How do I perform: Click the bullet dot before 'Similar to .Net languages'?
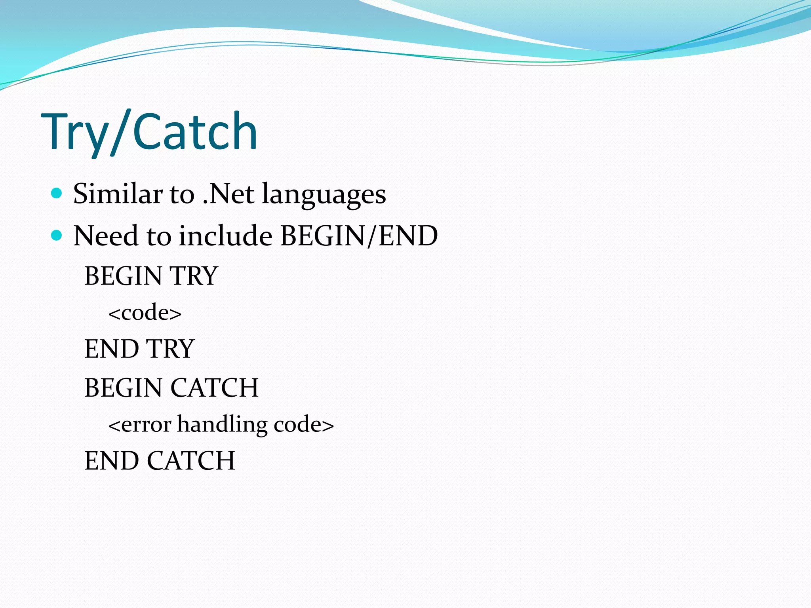(x=57, y=193)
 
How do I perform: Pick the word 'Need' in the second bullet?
(x=106, y=236)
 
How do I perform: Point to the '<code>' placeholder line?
(x=145, y=313)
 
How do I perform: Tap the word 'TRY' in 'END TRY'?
(x=171, y=349)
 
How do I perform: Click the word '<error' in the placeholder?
(x=140, y=425)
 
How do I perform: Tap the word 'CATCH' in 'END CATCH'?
(x=191, y=461)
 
